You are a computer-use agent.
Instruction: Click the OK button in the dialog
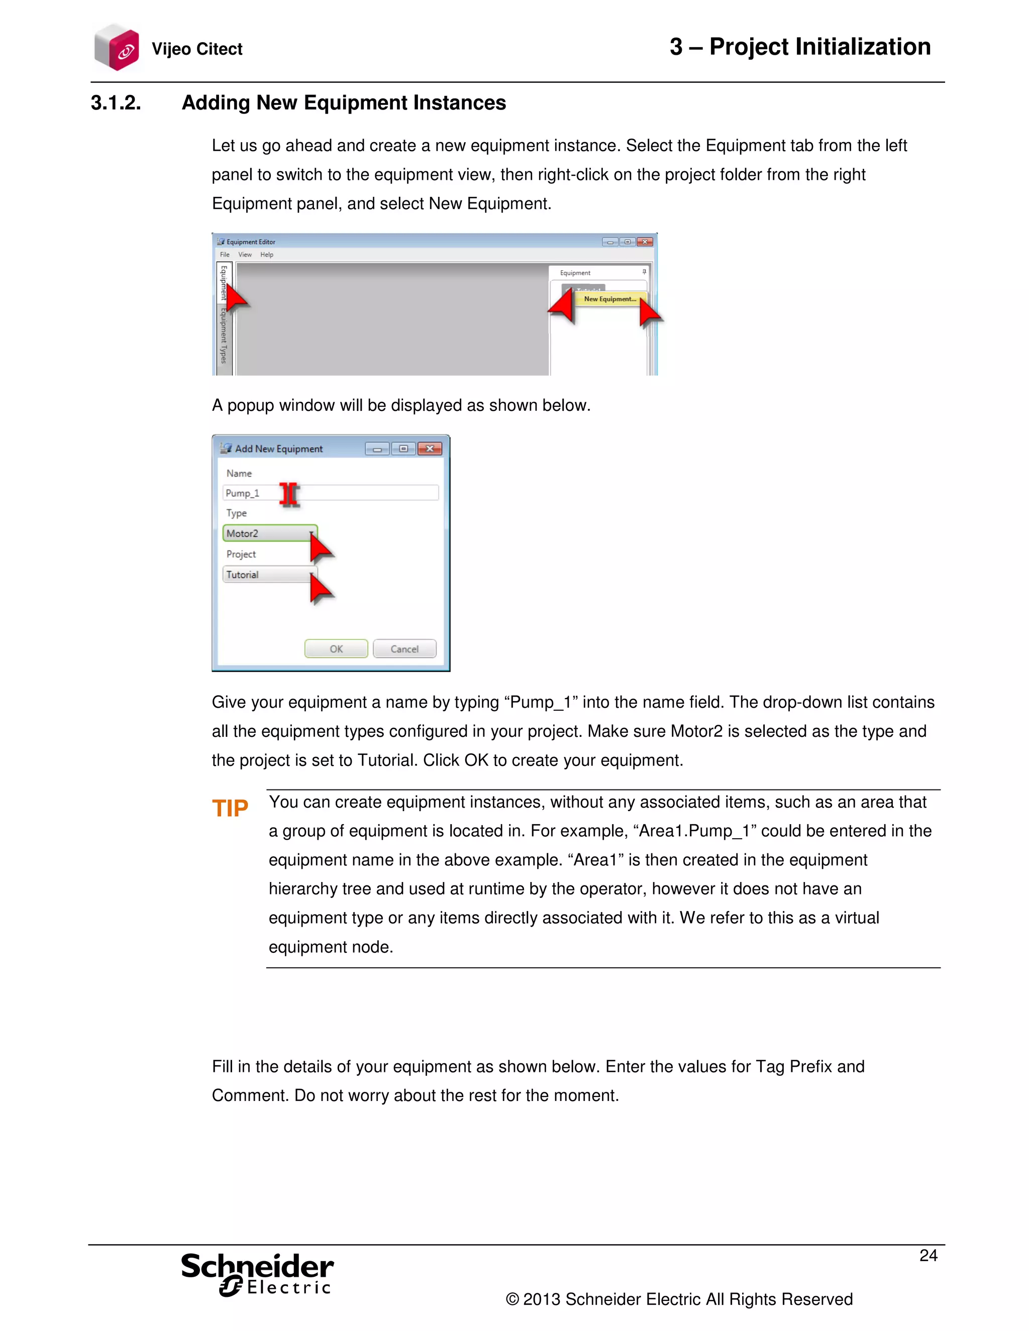[x=336, y=648]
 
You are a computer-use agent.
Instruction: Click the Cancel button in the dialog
[x=404, y=648]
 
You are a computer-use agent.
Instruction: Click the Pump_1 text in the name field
[x=243, y=493]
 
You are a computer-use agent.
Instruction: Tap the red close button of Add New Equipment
[x=430, y=449]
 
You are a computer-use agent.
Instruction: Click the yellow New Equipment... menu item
[x=609, y=299]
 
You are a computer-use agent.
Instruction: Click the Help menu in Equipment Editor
[x=266, y=255]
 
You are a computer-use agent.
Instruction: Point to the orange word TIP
[x=230, y=808]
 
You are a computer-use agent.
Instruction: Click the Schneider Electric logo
[x=257, y=1274]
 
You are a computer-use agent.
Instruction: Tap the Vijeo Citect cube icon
[x=117, y=48]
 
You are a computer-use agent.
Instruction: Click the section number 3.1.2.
[x=116, y=102]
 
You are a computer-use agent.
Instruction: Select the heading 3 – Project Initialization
[x=800, y=47]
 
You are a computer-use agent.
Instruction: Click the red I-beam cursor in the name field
[x=289, y=494]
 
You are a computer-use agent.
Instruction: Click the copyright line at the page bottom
[x=678, y=1299]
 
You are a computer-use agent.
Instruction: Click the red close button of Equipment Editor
[x=644, y=242]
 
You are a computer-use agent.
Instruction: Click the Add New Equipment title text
[x=278, y=449]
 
